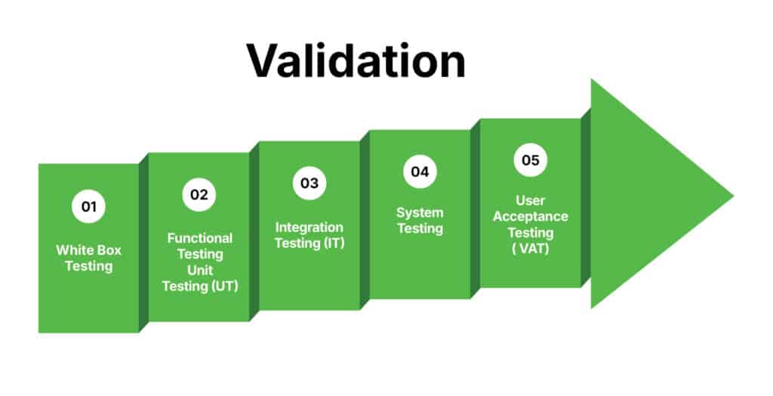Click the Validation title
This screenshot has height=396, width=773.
356,60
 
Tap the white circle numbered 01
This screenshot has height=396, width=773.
89,206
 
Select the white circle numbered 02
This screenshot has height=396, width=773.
199,194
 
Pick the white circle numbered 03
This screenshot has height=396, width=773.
310,183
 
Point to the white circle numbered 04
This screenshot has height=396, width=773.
420,172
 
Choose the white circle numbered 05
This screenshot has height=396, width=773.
531,160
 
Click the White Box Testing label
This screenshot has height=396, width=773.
89,258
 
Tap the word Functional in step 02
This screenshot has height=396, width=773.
199,238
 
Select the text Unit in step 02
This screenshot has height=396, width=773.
199,270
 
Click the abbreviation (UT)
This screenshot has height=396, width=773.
225,286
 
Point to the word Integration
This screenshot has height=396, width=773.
309,227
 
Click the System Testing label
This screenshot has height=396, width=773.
420,221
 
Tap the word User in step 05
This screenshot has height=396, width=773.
531,200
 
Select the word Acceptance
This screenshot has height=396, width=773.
531,217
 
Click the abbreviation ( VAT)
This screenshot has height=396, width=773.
531,249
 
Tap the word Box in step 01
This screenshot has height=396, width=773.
110,250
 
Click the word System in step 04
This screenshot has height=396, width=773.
420,213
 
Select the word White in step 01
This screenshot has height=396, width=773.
75,250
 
